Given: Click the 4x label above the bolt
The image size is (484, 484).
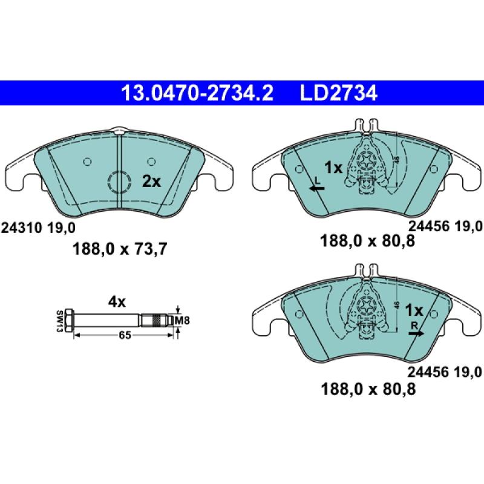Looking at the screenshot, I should point(116,301).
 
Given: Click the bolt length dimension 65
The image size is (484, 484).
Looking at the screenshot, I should point(125,335).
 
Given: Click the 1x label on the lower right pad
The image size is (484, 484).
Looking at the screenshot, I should point(414,310).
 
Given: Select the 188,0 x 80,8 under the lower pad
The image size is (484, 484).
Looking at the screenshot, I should point(368,390).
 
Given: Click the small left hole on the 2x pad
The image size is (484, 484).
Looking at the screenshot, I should point(87,162).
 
